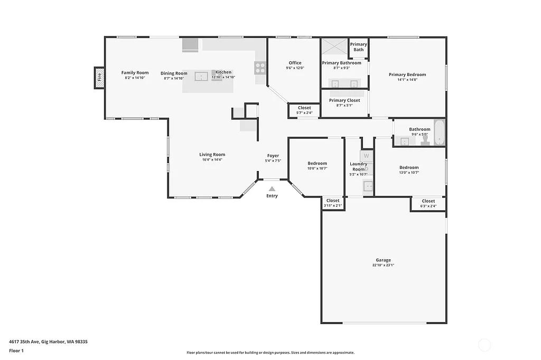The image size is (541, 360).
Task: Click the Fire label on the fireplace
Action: point(99,78)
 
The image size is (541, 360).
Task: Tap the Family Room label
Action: point(135,73)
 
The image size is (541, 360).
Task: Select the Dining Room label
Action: point(174,73)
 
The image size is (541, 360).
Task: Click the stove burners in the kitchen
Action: point(260,68)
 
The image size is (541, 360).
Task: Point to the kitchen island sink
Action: point(201,77)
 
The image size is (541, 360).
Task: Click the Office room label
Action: point(295,63)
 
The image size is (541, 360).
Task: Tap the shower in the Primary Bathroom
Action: point(334,46)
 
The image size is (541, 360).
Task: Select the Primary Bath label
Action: point(358,47)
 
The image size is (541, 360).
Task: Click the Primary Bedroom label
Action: point(407,74)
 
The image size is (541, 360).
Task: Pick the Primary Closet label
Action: point(344,100)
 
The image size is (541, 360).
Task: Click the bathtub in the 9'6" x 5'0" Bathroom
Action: point(439,132)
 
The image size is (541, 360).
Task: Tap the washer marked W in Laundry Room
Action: point(366,156)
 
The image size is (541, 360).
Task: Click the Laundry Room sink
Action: point(368,186)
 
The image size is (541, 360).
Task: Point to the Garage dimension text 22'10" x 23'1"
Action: point(383,265)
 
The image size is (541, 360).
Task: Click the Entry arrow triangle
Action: point(272,188)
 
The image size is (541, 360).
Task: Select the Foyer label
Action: point(273,156)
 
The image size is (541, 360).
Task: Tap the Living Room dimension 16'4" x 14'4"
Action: point(212,159)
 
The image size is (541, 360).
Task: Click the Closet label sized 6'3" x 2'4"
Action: point(428,201)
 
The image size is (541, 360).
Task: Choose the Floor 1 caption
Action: point(17,350)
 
